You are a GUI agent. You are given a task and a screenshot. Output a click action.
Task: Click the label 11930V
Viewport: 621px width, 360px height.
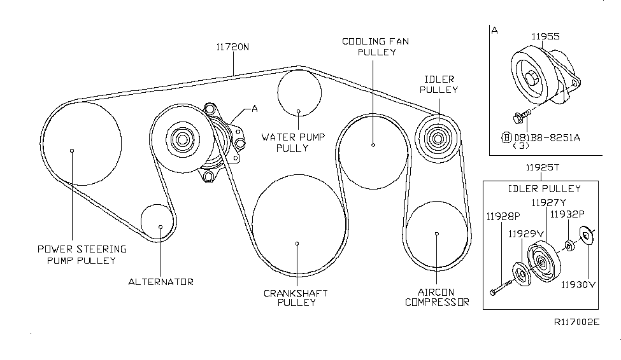click(x=578, y=284)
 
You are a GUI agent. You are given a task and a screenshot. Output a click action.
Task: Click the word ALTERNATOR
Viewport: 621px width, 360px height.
click(x=161, y=281)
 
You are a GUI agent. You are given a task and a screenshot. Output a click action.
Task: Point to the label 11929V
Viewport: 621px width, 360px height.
click(x=526, y=233)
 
